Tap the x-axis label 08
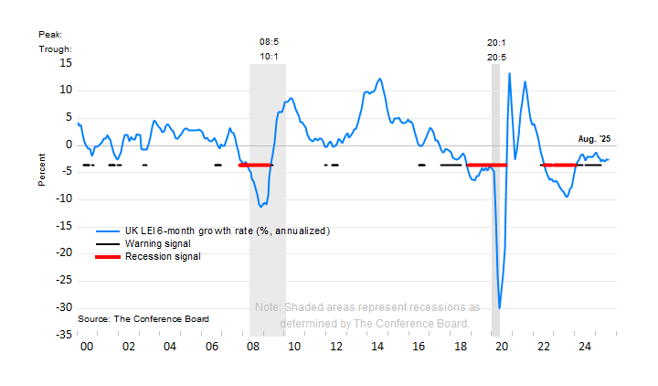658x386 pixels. (253, 348)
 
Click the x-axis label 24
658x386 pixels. (585, 348)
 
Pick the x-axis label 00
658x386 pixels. (87, 348)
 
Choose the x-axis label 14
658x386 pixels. (377, 348)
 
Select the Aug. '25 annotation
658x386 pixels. (594, 139)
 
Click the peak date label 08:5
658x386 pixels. (270, 41)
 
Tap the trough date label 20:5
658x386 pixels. (497, 57)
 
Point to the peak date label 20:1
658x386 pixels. (497, 41)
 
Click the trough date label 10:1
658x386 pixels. (270, 57)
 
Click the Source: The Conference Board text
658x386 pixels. (143, 318)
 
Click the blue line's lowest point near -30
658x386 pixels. (499, 308)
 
